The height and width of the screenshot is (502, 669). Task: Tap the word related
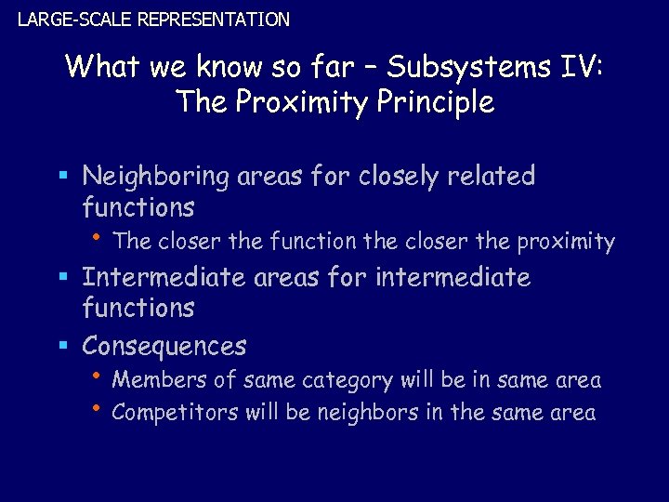[499, 177]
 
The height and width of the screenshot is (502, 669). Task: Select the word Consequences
[164, 347]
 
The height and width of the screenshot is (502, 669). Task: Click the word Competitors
[175, 413]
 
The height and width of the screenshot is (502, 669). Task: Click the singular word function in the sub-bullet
[313, 243]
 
